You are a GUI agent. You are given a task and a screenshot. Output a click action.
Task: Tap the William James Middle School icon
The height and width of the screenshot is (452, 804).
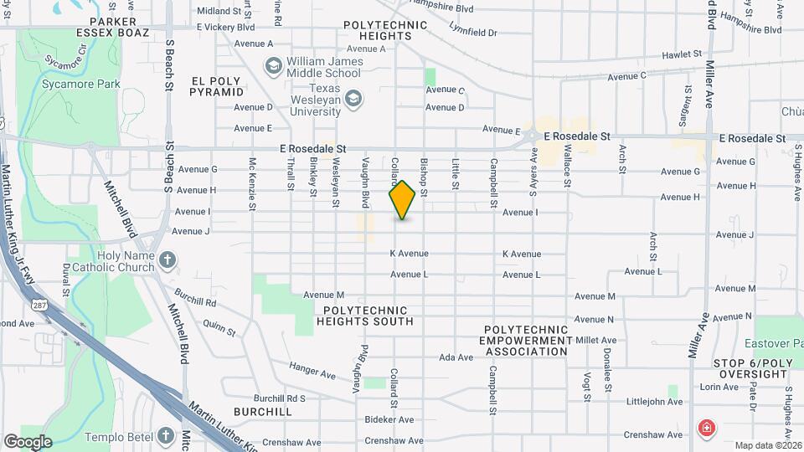click(x=273, y=65)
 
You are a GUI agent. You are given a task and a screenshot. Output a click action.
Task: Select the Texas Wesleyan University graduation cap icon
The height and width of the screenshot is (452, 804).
click(x=353, y=100)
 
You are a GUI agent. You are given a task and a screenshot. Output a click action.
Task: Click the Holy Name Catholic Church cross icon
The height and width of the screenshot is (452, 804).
click(x=167, y=260)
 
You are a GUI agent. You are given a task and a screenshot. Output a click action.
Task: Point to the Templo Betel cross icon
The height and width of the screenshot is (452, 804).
click(x=166, y=435)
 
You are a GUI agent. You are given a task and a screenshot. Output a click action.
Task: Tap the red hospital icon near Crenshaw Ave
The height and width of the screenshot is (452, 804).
click(x=707, y=429)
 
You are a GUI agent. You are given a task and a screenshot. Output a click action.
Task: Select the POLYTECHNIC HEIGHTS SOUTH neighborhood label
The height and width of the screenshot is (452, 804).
click(x=363, y=316)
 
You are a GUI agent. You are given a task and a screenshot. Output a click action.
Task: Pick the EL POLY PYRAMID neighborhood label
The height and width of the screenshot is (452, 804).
click(x=216, y=85)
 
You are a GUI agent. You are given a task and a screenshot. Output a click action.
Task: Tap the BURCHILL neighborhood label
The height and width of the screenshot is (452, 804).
click(x=263, y=412)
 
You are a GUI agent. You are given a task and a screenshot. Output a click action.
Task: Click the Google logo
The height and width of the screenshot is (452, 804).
click(x=28, y=441)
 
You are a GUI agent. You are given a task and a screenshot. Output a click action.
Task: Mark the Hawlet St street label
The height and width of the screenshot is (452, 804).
click(x=681, y=54)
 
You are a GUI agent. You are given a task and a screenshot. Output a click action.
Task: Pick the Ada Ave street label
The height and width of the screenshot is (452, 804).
click(x=456, y=357)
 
